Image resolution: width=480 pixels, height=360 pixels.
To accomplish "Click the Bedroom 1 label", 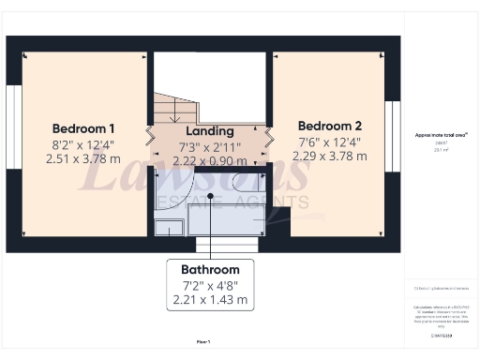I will [x=83, y=128].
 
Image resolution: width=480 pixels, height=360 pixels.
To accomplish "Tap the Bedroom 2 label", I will [x=329, y=125].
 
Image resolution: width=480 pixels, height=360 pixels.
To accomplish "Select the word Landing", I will [x=210, y=131].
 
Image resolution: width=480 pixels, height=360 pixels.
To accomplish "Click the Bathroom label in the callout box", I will [x=210, y=269].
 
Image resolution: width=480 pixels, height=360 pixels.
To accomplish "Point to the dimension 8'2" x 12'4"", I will [x=83, y=144].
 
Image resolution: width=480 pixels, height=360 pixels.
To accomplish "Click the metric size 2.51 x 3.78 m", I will [x=83, y=159].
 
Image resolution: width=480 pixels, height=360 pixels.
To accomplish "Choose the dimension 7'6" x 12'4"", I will [x=329, y=142].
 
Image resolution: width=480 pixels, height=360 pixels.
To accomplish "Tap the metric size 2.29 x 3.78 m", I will [x=329, y=157].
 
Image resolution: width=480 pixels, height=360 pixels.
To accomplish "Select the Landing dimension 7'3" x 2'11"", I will [x=210, y=147].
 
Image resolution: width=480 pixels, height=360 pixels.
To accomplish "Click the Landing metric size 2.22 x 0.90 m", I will [x=210, y=162].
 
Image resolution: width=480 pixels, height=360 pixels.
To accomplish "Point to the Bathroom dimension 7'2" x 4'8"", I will [x=210, y=285].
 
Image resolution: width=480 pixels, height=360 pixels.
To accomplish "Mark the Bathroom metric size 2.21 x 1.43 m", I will [x=210, y=300].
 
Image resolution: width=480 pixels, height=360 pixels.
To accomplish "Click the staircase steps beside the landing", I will [x=171, y=111].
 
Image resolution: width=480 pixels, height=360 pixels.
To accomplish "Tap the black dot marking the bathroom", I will [x=211, y=196].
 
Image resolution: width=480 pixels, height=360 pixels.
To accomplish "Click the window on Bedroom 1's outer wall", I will [x=12, y=121].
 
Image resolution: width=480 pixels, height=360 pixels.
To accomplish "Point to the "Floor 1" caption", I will [x=202, y=340].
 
